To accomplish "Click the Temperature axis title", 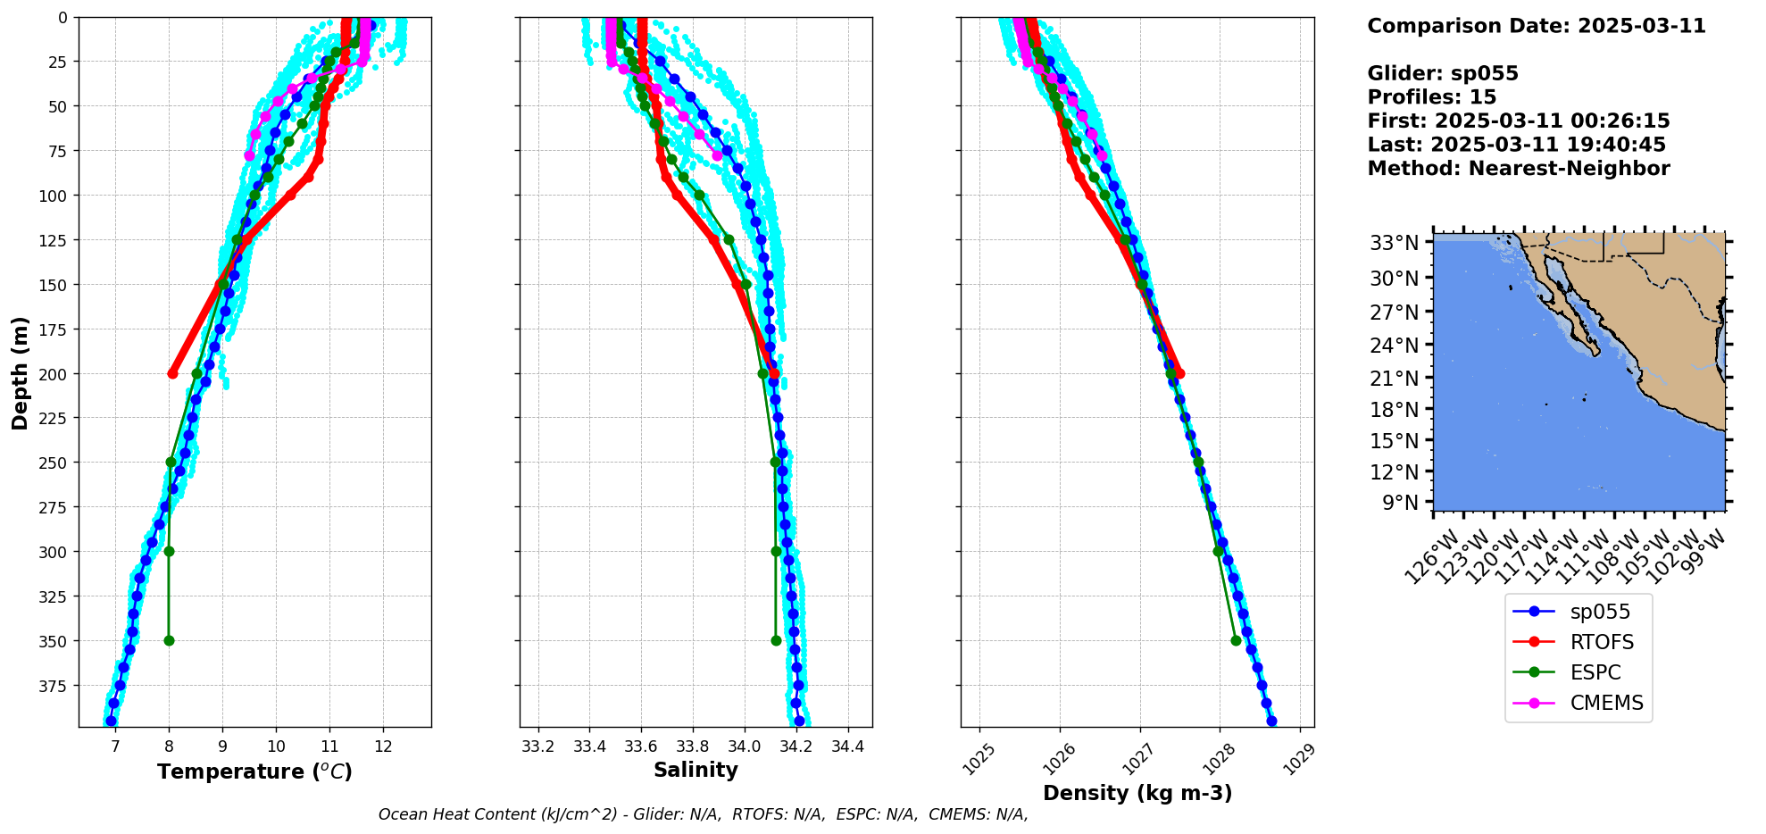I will point(254,771).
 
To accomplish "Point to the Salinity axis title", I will point(696,770).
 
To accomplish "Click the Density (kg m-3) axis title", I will point(1137,793).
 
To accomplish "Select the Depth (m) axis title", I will point(20,372).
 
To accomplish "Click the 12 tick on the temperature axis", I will point(383,746).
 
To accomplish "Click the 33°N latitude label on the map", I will point(1395,243).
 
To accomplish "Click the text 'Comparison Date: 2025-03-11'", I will point(1536,26).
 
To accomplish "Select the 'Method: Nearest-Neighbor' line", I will point(1518,168).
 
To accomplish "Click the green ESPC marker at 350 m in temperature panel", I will point(169,640).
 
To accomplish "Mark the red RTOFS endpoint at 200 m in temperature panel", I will point(172,373).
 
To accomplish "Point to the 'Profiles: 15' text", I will point(1431,96).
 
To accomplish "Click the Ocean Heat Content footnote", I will point(703,814).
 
